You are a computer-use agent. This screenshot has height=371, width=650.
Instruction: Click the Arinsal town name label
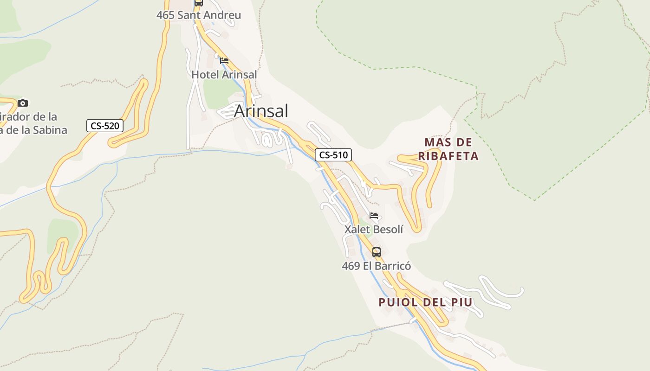pos(261,111)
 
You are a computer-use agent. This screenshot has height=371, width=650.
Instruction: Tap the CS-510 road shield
pos(333,155)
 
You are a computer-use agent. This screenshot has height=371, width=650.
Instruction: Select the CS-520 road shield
pos(105,126)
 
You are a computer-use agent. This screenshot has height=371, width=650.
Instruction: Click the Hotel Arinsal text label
pos(224,74)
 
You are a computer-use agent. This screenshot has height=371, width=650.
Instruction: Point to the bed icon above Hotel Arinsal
pos(224,60)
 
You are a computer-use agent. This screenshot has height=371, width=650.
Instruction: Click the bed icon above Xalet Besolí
pos(374,216)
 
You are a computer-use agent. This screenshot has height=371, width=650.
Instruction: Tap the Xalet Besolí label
pos(374,229)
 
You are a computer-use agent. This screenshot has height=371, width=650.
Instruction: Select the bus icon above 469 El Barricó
pos(377,252)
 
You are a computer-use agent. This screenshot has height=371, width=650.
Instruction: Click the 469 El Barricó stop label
pos(376,266)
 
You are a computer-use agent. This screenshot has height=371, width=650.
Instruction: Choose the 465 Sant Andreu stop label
pos(198,15)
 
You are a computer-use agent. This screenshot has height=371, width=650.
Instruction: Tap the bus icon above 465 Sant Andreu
pos(199,2)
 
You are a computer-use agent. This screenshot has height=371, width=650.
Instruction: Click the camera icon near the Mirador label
pos(23,103)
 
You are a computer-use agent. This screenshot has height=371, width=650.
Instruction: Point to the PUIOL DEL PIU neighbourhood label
pos(425,302)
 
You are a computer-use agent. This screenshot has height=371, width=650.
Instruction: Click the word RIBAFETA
pos(448,156)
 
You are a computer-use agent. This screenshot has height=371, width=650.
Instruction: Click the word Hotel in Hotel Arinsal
pos(204,74)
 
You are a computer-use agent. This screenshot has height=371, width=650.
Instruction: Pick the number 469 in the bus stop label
pos(351,266)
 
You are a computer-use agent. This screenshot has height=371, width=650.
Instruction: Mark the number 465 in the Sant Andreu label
pos(165,15)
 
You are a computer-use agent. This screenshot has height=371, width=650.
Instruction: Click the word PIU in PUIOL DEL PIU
pos(462,302)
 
